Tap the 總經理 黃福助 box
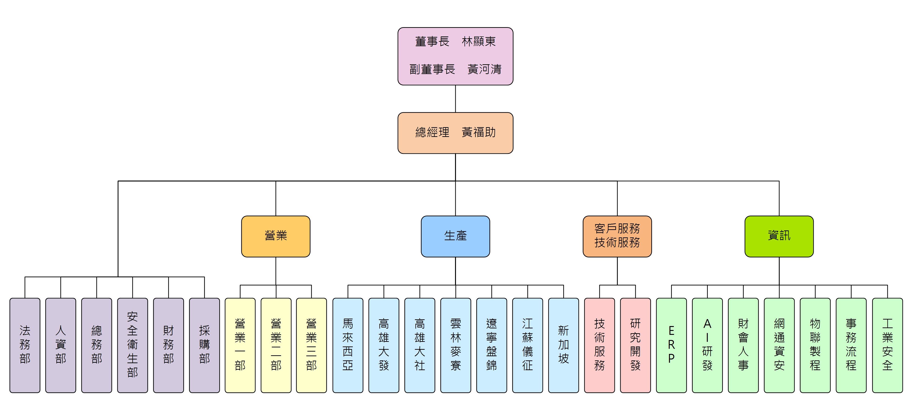(x=455, y=133)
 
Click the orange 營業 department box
(x=275, y=236)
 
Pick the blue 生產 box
(x=455, y=236)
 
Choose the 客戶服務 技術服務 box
(x=617, y=236)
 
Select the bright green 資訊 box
(x=779, y=236)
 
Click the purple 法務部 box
(x=25, y=345)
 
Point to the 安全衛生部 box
(x=132, y=345)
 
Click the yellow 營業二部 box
(x=276, y=345)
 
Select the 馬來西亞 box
(x=348, y=345)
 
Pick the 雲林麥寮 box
(x=455, y=345)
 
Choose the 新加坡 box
(x=563, y=345)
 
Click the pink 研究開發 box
(x=635, y=345)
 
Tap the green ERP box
(x=671, y=345)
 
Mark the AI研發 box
(x=707, y=345)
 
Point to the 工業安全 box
(x=887, y=345)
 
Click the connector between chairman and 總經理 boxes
(x=455, y=99)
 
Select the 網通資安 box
(x=779, y=345)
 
